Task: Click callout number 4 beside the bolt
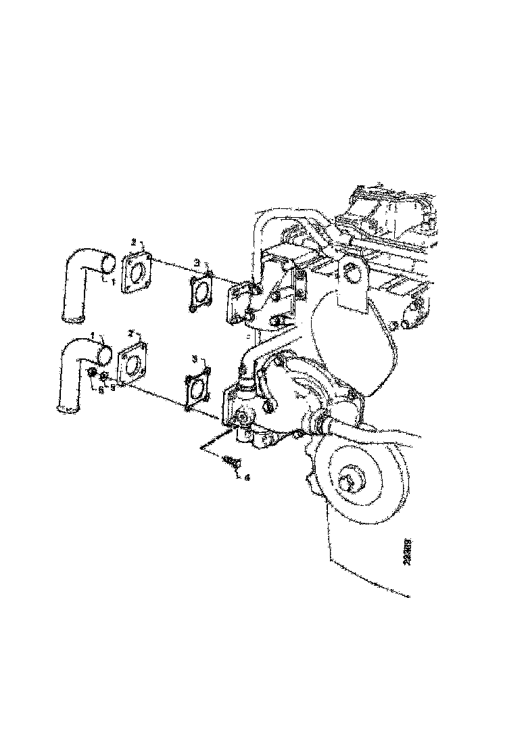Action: tap(247, 477)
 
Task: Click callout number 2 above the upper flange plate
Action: tap(134, 241)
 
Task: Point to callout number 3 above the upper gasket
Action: tap(195, 262)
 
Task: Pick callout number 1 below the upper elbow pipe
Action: tap(114, 279)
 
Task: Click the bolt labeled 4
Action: tap(233, 463)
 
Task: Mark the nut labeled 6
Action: tap(91, 374)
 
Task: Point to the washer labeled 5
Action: tap(105, 377)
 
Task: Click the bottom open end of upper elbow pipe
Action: tap(70, 316)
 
